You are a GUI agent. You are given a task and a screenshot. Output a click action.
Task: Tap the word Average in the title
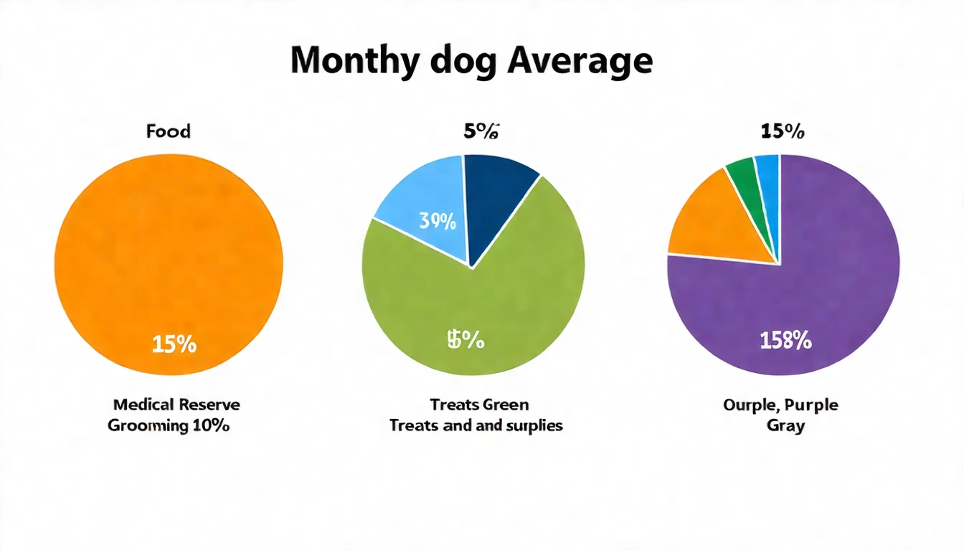click(580, 62)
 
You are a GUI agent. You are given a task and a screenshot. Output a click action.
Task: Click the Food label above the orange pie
click(169, 131)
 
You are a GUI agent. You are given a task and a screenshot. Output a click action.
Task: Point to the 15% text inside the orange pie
click(174, 344)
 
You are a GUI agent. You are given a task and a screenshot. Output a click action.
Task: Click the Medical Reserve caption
click(176, 405)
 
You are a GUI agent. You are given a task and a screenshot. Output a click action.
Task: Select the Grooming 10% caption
click(169, 425)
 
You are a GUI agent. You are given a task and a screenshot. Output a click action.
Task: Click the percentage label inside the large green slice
click(466, 340)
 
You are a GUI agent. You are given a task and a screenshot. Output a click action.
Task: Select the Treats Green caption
click(479, 405)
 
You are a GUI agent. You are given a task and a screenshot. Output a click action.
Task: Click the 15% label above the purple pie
click(782, 131)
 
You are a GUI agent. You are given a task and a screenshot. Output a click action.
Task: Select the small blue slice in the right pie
click(767, 172)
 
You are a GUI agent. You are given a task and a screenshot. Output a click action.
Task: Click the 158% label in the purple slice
click(785, 342)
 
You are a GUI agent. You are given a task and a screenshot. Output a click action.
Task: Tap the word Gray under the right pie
click(785, 425)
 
